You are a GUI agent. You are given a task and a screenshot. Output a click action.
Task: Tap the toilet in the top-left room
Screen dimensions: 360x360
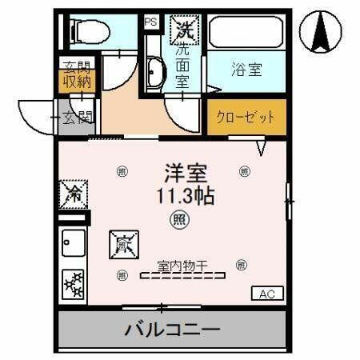tap(89, 30)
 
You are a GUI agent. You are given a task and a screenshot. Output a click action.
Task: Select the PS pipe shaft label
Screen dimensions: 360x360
tap(150, 22)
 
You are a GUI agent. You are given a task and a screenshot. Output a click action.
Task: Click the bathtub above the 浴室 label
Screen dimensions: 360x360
tap(246, 33)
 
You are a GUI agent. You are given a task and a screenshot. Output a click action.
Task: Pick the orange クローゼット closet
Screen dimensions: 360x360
tap(246, 117)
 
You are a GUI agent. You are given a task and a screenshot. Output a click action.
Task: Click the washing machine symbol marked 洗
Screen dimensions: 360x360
tap(185, 30)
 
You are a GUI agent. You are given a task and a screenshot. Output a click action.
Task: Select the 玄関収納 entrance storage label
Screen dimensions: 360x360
tap(78, 74)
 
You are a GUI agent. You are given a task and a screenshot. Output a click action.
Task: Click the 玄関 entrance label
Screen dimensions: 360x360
tap(78, 118)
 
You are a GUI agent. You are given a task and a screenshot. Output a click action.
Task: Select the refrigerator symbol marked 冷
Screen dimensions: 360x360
tap(74, 194)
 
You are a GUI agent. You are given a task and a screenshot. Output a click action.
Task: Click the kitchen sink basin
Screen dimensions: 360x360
tap(74, 240)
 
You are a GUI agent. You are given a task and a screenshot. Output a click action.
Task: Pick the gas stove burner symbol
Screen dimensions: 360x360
tap(74, 283)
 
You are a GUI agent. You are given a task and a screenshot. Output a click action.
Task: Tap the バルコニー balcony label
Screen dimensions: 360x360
tap(171, 329)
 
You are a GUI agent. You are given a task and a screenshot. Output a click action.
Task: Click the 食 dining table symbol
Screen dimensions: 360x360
tap(123, 243)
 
